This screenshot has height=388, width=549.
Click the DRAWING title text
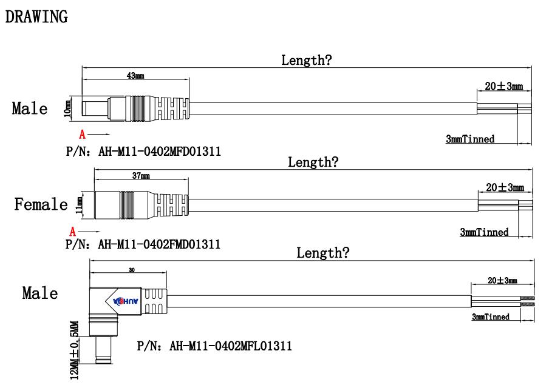click(36, 17)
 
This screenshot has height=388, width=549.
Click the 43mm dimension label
click(135, 76)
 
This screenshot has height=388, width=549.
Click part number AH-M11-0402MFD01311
click(143, 152)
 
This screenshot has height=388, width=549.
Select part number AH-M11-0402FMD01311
click(143, 244)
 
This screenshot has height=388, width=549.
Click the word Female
click(41, 204)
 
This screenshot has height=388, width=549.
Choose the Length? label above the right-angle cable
click(322, 253)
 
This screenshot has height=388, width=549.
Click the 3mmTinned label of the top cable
click(470, 139)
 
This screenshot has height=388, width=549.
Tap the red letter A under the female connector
click(73, 231)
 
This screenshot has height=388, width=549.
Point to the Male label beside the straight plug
click(29, 109)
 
